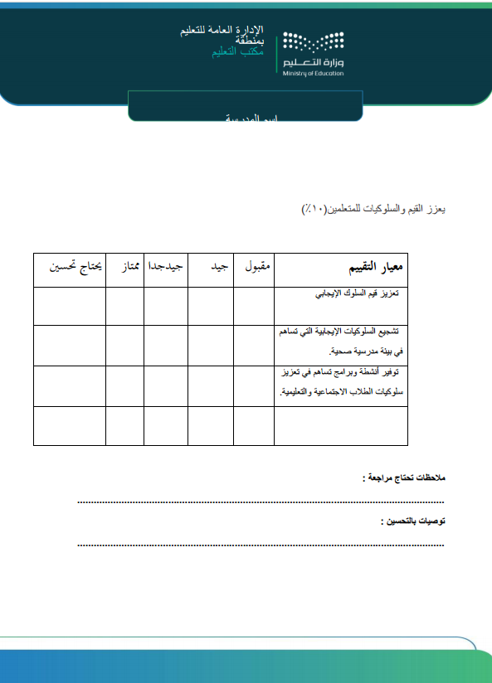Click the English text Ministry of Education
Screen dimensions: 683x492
(x=313, y=74)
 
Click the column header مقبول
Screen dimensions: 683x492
(x=254, y=268)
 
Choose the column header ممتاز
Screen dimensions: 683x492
(x=124, y=268)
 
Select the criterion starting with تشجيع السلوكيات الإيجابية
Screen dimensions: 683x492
(x=341, y=341)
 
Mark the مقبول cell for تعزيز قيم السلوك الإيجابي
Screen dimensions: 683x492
(x=253, y=306)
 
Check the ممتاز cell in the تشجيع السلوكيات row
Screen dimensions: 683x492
(x=124, y=344)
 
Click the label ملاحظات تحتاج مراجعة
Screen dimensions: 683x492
(x=403, y=478)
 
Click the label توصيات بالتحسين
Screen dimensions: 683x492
(x=412, y=521)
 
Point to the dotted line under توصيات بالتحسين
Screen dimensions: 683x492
(x=261, y=545)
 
